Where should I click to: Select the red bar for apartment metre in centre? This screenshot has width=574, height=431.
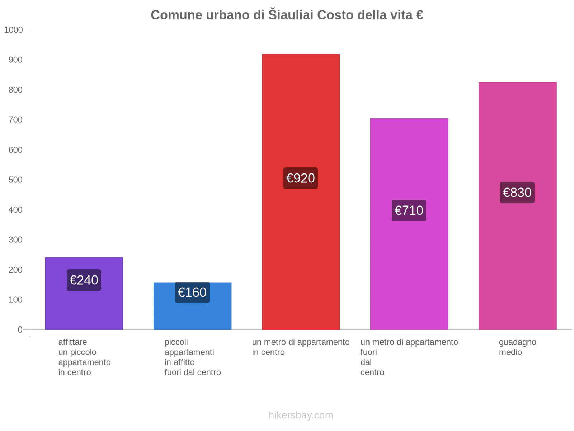pyautogui.click(x=301, y=251)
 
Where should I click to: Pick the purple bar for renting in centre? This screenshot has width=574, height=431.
pyautogui.click(x=84, y=309)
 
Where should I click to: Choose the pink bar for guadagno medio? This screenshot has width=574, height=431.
pyautogui.click(x=517, y=259)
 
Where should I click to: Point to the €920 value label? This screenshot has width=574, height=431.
pyautogui.click(x=301, y=178)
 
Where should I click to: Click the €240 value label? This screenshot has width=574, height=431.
pyautogui.click(x=84, y=280)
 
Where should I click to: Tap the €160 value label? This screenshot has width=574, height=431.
pyautogui.click(x=192, y=292)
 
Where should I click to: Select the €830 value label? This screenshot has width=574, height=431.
pyautogui.click(x=517, y=193)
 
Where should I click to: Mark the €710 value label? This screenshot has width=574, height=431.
pyautogui.click(x=409, y=210)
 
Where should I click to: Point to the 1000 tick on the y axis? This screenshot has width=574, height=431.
pyautogui.click(x=14, y=30)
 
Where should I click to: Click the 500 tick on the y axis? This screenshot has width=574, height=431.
pyautogui.click(x=15, y=180)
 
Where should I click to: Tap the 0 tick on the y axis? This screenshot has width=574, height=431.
pyautogui.click(x=20, y=330)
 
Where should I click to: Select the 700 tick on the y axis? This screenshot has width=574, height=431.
pyautogui.click(x=15, y=120)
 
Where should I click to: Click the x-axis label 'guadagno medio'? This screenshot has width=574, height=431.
pyautogui.click(x=517, y=347)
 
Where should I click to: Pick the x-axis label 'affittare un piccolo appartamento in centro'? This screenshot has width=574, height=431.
pyautogui.click(x=84, y=357)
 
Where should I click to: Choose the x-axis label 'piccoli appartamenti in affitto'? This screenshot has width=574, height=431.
pyautogui.click(x=192, y=357)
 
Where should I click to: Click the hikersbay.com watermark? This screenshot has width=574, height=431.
pyautogui.click(x=301, y=415)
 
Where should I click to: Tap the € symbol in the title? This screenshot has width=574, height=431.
pyautogui.click(x=419, y=15)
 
